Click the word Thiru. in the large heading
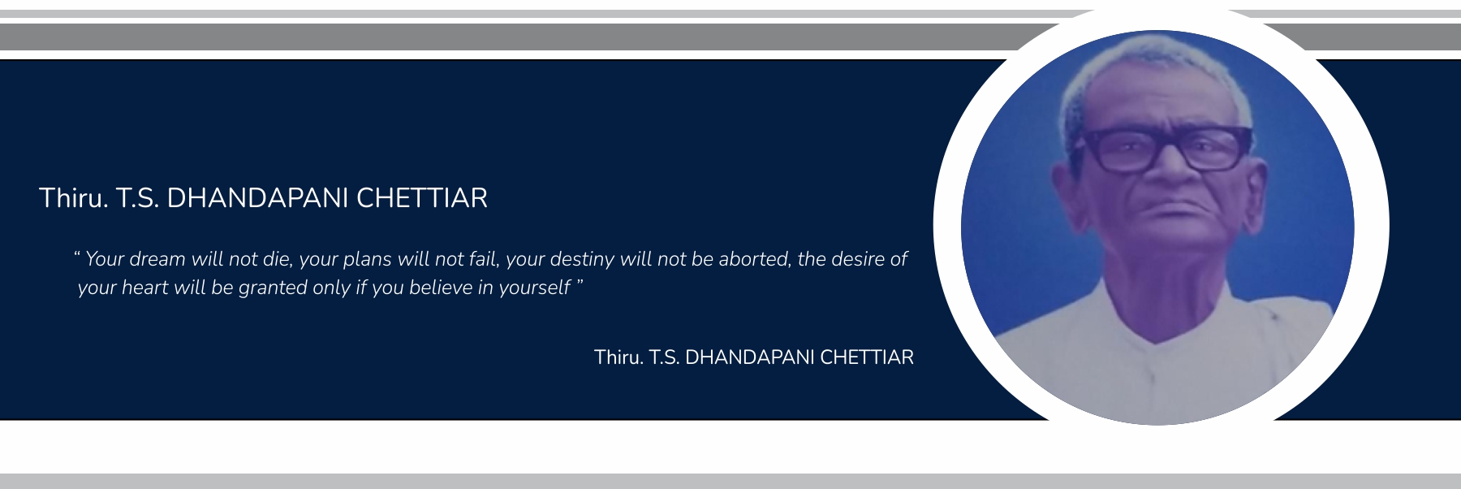pyautogui.click(x=74, y=198)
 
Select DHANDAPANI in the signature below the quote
pyautogui.click(x=750, y=357)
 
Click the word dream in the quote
pyautogui.click(x=157, y=259)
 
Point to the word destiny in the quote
pyautogui.click(x=582, y=260)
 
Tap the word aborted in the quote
pyautogui.click(x=754, y=260)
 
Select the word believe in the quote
pyautogui.click(x=440, y=288)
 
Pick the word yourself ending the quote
pyautogui.click(x=534, y=288)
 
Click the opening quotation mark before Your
pyautogui.click(x=76, y=254)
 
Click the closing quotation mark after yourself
pyautogui.click(x=580, y=283)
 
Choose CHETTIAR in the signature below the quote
pyautogui.click(x=867, y=357)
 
